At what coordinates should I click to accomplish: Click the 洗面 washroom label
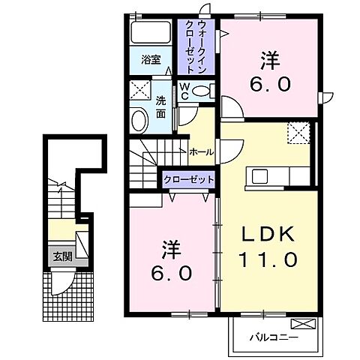tap(161, 109)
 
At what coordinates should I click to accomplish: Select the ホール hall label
tap(200, 152)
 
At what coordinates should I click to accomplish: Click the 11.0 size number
tap(269, 260)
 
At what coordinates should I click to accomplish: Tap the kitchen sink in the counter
tap(260, 176)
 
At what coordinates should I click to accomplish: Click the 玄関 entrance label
tap(61, 256)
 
